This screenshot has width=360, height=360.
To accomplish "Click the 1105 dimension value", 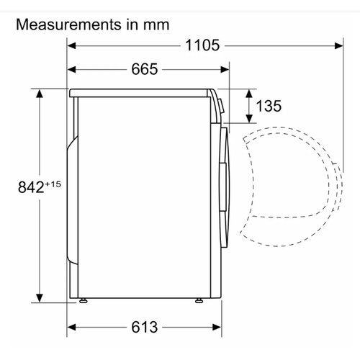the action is [x=202, y=45].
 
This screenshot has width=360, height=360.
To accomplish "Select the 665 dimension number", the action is [x=145, y=69].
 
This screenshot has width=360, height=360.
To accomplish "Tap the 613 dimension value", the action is [x=145, y=327].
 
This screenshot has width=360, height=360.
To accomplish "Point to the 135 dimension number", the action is [x=269, y=106].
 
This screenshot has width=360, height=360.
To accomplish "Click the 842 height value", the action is [x=31, y=187].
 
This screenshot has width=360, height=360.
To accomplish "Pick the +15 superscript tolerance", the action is [x=53, y=184].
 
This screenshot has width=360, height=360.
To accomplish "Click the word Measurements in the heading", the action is [x=68, y=24].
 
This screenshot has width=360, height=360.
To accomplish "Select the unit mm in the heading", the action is [x=156, y=25].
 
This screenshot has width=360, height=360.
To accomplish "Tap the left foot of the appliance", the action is [x=83, y=300].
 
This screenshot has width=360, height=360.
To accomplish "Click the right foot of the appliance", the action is [x=199, y=300].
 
